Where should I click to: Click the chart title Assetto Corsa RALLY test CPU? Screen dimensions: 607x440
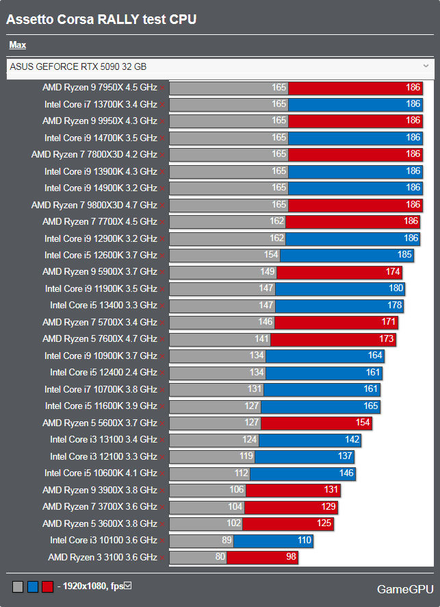point(101,20)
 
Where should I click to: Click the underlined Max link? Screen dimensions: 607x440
point(18,45)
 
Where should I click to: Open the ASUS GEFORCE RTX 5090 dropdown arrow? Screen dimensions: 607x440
point(426,66)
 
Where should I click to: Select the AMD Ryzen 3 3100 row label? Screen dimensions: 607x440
point(102,558)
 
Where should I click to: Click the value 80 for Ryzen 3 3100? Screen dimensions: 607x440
point(220,558)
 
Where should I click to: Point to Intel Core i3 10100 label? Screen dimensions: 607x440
point(103,541)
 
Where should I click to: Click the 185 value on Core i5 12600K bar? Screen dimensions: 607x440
point(404,255)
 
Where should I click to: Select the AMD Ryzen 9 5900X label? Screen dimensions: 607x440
point(99,272)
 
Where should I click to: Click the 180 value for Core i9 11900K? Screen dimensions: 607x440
point(396,288)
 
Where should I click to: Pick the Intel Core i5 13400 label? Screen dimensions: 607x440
point(103,306)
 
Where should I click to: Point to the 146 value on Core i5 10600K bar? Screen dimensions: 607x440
point(346,473)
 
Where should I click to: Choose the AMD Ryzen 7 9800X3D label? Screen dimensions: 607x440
point(94,205)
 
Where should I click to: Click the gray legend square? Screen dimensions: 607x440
point(18,586)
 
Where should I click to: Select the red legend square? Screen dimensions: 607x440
point(47,586)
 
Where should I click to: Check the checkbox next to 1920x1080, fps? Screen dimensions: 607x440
point(127,586)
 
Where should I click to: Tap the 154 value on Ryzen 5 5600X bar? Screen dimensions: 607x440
point(362,423)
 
